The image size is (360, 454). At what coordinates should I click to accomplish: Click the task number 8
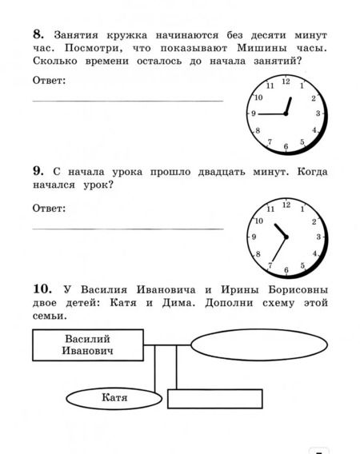tap(38, 34)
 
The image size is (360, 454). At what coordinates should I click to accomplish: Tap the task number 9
tap(38, 171)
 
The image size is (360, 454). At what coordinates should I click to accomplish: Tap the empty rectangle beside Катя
tap(215, 399)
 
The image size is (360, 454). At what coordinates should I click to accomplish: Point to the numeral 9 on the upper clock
tap(254, 114)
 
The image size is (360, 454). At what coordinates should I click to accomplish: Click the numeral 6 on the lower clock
tap(285, 268)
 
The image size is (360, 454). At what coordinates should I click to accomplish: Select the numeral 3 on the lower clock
tap(318, 237)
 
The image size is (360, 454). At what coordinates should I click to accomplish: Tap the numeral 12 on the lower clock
tap(286, 205)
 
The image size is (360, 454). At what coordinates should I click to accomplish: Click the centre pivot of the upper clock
tap(286, 114)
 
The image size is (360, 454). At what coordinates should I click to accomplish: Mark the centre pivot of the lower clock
tap(286, 237)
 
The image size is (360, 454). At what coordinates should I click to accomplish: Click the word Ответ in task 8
tap(49, 80)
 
